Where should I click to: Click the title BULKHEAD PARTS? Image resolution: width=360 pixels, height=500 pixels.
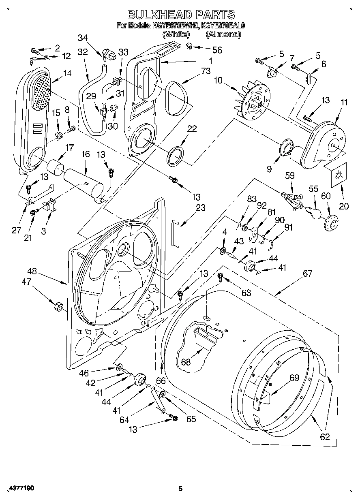click(x=181, y=15)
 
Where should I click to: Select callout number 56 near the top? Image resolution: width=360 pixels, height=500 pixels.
click(x=217, y=50)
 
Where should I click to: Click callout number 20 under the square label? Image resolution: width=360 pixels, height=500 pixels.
click(x=344, y=206)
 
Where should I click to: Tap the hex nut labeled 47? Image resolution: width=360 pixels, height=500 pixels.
click(x=58, y=306)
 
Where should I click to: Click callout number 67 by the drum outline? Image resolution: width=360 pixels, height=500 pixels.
click(x=308, y=274)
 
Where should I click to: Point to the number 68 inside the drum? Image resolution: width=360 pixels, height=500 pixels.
click(x=186, y=362)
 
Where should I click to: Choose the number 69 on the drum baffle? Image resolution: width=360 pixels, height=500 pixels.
click(x=294, y=378)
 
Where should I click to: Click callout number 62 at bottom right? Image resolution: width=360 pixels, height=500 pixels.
click(x=325, y=437)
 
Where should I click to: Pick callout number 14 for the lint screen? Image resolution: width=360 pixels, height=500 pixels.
click(x=67, y=73)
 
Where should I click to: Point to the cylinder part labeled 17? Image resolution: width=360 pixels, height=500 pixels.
click(x=56, y=167)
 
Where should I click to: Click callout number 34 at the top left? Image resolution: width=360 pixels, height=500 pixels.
click(x=82, y=38)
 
